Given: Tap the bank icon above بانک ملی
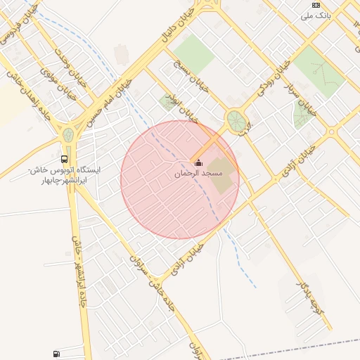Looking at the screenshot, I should point(316,4).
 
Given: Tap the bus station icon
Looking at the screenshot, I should point(65,159).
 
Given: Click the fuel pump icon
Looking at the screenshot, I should point(56,353).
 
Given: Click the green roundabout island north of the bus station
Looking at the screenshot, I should point(68,134).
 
